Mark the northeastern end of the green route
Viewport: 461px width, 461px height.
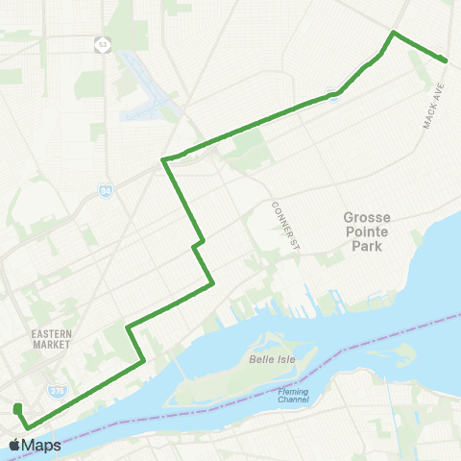[x=447, y=61]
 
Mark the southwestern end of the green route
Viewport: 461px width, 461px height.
[x=17, y=408]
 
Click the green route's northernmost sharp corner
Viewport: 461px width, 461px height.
[x=392, y=33]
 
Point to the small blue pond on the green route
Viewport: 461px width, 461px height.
[x=332, y=93]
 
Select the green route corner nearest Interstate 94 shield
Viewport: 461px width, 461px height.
[x=164, y=159]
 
